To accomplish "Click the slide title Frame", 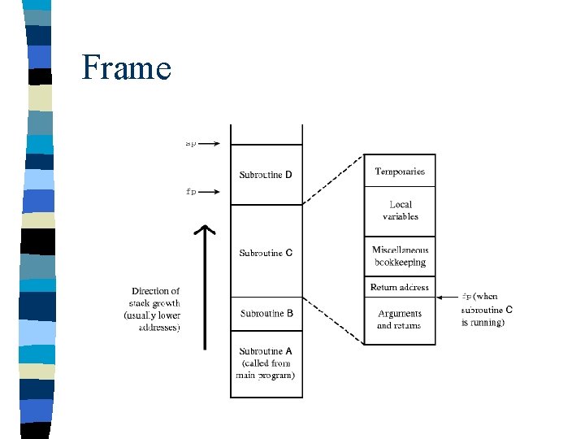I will click(x=126, y=67).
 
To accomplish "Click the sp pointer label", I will click(x=190, y=144).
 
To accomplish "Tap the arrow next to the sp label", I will click(x=210, y=144).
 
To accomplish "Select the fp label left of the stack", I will click(x=191, y=192).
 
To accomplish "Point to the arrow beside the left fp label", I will click(x=210, y=192).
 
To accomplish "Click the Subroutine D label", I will click(x=266, y=175).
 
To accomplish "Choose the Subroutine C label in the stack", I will click(x=266, y=253).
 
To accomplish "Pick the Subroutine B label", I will click(x=266, y=313).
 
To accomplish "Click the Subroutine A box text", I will click(x=266, y=363).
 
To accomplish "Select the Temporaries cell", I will click(x=399, y=172).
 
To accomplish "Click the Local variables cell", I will click(x=400, y=211).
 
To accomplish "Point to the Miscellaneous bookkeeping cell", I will click(x=400, y=257).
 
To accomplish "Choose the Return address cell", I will click(x=399, y=288).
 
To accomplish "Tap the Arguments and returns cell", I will click(x=399, y=319).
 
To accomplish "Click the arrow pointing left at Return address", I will click(x=444, y=288).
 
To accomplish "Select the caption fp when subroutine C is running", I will click(x=487, y=309).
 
